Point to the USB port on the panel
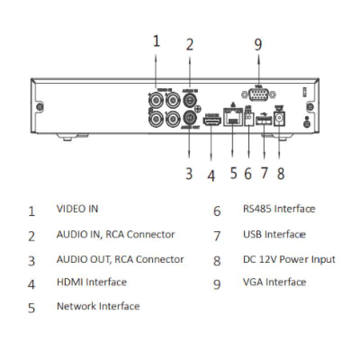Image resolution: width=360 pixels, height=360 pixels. (x=264, y=121)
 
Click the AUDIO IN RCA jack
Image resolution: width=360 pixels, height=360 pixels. (x=190, y=99)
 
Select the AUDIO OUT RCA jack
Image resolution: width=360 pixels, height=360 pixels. (x=190, y=118)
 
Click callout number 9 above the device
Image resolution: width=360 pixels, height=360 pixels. (x=258, y=45)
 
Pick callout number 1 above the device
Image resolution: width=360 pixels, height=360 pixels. (x=156, y=41)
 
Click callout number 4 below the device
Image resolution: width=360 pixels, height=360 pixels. (x=211, y=175)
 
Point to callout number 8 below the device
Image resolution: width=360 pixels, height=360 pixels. (x=281, y=174)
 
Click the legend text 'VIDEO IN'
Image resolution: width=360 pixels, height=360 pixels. (x=77, y=209)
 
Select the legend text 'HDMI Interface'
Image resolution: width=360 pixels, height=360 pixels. (x=91, y=282)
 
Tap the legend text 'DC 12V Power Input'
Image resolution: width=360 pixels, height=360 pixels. (x=289, y=260)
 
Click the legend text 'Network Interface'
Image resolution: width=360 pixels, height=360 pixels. (x=98, y=306)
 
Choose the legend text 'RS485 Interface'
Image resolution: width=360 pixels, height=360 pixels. (x=279, y=209)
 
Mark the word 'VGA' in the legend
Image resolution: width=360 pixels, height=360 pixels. (x=253, y=282)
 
